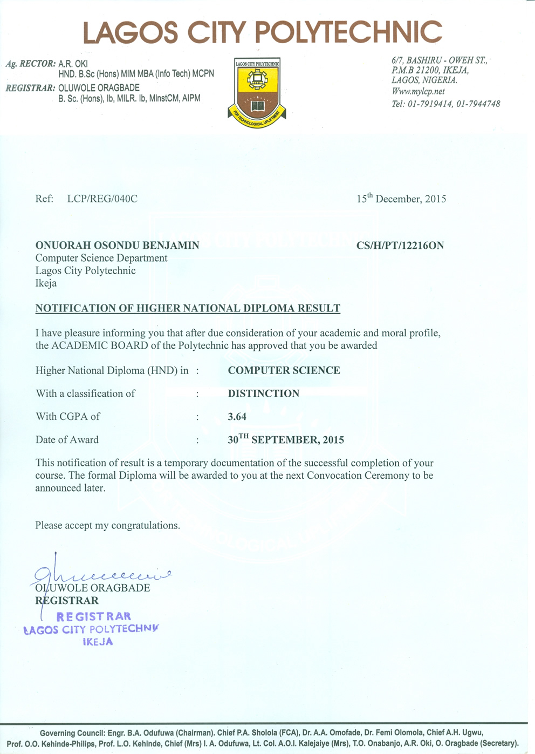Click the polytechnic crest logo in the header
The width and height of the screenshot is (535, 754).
tap(257, 92)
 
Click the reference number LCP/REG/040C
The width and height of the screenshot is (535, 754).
tap(102, 199)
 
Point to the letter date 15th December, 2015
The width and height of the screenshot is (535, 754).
tap(401, 199)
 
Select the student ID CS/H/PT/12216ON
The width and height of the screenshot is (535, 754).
tap(400, 246)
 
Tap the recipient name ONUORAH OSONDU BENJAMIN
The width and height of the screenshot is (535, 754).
tap(117, 246)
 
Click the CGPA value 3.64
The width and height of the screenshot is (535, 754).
tap(237, 417)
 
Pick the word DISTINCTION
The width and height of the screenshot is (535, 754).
tap(263, 393)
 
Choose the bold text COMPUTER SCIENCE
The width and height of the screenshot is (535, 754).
tap(284, 370)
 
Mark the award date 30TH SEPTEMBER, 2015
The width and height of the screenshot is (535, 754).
tap(286, 439)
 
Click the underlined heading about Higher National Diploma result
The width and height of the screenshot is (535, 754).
tap(188, 309)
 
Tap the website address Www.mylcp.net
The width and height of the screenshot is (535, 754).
tap(418, 92)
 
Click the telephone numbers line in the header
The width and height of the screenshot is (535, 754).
tap(445, 104)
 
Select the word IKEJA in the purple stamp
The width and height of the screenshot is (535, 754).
tap(98, 642)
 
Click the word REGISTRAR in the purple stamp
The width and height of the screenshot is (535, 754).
tap(93, 616)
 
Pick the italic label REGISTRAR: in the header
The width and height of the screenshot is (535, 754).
tap(30, 88)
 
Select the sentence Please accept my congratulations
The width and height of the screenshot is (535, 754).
tap(107, 525)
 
